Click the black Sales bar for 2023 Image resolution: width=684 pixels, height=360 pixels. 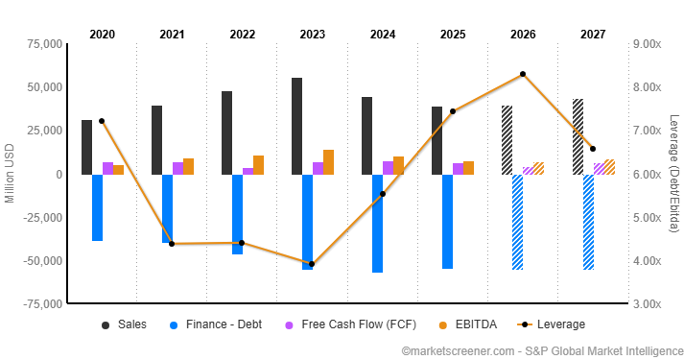[x=297, y=126]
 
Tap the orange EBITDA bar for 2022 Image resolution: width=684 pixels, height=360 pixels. [x=258, y=164]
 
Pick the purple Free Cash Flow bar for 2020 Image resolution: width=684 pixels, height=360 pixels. [x=107, y=168]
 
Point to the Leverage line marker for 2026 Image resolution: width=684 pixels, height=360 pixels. [x=523, y=74]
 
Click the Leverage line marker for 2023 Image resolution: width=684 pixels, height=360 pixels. [x=312, y=264]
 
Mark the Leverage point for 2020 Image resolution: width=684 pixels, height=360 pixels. [x=102, y=121]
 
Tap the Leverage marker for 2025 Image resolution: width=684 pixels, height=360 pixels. [x=453, y=111]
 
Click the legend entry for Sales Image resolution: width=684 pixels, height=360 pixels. [x=124, y=324]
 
